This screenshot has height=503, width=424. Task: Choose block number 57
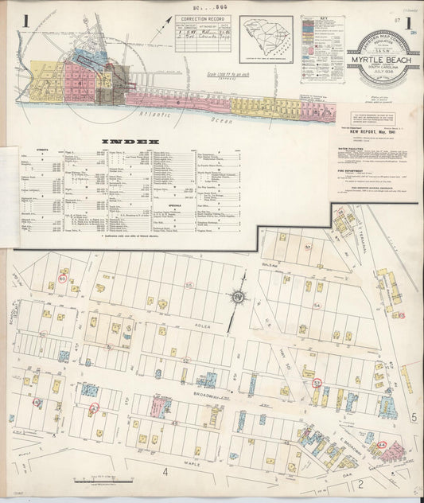pos(307,248)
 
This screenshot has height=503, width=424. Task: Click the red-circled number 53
pos(317,383)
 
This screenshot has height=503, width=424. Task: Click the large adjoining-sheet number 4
pos(165,472)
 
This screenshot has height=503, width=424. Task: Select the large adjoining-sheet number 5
pos(413,416)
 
